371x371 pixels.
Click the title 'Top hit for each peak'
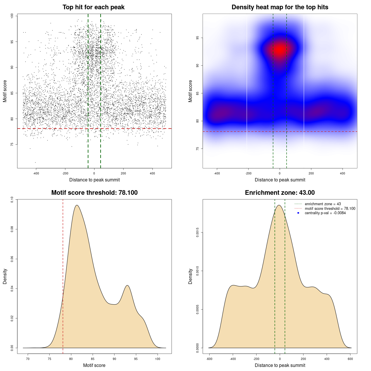(93, 7)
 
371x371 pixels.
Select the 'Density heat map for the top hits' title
(280, 7)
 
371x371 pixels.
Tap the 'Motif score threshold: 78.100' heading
(94, 193)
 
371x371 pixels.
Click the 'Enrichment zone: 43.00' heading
(280, 193)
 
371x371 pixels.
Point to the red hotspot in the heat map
(280, 50)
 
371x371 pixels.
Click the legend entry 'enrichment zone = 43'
(323, 204)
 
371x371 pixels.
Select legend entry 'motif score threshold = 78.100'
(330, 208)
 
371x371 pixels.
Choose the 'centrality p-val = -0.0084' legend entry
(325, 213)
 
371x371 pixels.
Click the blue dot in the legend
(298, 213)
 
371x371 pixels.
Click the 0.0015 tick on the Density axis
(198, 232)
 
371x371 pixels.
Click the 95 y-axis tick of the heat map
(198, 38)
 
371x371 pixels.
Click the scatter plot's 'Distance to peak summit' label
(94, 180)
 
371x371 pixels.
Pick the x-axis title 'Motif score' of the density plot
(94, 365)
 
